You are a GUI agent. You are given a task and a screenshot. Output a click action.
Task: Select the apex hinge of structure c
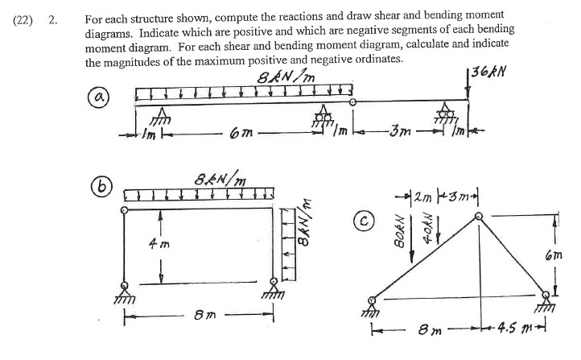[480, 215]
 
